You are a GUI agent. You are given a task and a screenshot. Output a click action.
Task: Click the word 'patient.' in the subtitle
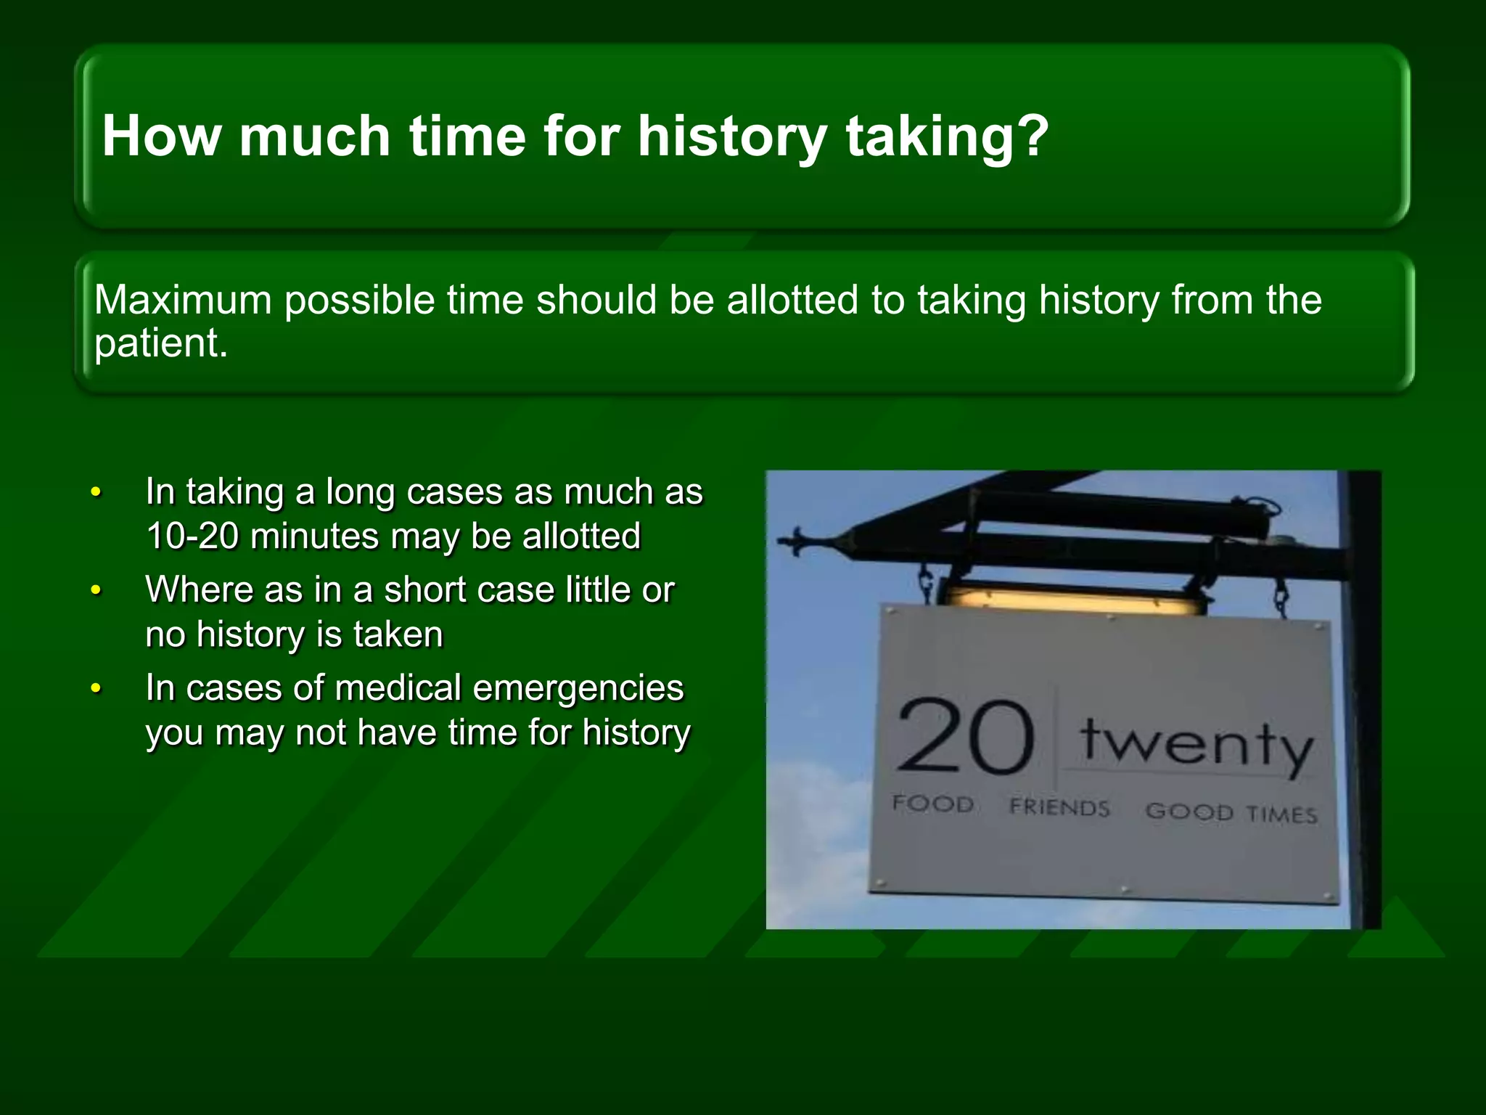(x=161, y=343)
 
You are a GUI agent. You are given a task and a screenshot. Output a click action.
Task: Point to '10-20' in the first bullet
(x=192, y=536)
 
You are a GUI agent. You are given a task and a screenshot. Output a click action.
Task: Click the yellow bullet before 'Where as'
(x=96, y=590)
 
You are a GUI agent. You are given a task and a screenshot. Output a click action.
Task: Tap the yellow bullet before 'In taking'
(x=96, y=492)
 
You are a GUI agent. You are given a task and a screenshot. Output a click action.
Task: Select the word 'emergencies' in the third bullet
(x=578, y=687)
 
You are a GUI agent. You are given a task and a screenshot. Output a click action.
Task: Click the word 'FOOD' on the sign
(x=932, y=804)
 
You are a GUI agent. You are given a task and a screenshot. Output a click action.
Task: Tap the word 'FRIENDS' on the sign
(x=1059, y=807)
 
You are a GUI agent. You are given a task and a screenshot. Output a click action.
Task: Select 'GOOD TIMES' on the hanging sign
(x=1231, y=812)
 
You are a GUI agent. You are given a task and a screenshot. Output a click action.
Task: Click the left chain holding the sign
(x=927, y=584)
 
